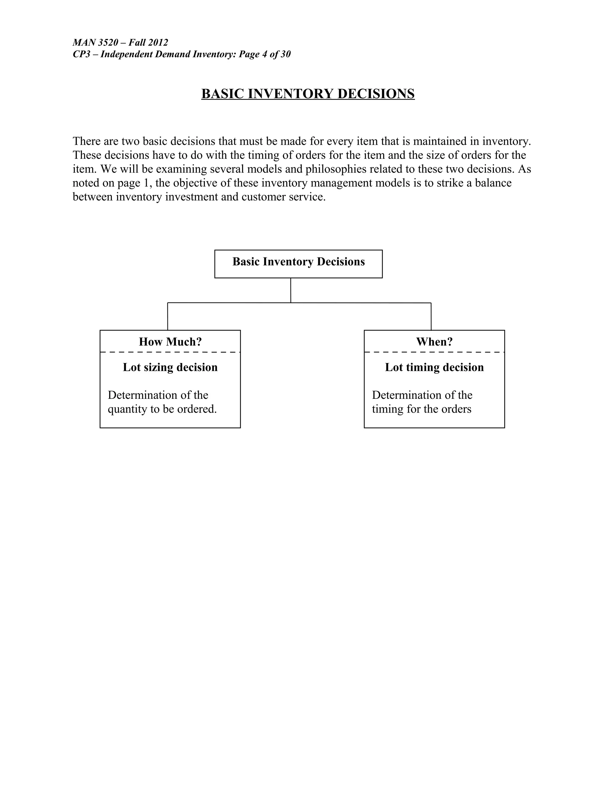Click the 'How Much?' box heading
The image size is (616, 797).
click(170, 342)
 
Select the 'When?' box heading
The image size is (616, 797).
click(434, 342)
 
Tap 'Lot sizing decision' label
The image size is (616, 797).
click(170, 367)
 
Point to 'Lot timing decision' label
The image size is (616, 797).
click(434, 367)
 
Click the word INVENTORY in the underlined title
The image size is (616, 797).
click(291, 94)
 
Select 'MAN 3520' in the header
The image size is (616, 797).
click(95, 43)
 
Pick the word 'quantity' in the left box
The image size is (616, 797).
click(127, 409)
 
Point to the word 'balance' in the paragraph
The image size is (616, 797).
click(493, 183)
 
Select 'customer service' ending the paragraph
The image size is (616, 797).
click(282, 197)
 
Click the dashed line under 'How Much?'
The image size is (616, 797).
click(170, 352)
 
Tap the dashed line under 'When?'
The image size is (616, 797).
click(434, 352)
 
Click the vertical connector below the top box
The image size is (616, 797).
click(291, 291)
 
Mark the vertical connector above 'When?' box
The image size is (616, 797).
click(431, 316)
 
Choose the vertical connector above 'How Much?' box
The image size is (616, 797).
click(168, 316)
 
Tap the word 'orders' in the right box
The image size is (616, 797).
click(456, 409)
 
